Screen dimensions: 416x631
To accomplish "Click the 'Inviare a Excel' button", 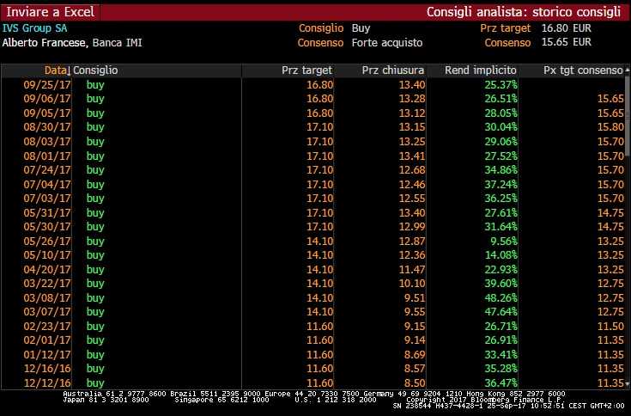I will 49,12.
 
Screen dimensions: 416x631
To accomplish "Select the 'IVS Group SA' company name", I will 34,28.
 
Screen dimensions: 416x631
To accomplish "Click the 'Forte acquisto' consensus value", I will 384,42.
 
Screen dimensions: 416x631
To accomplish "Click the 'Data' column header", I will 56,70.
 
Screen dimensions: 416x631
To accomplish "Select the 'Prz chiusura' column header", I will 393,70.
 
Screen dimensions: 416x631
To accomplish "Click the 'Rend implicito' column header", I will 481,70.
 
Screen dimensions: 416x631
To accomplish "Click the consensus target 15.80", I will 609,127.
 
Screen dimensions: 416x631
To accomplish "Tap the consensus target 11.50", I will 609,326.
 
